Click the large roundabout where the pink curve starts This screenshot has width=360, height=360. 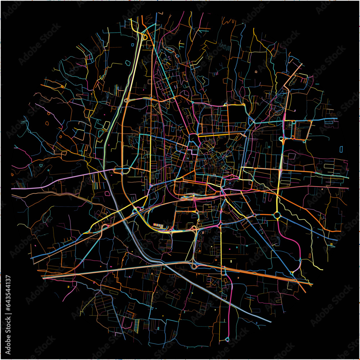point(277,215)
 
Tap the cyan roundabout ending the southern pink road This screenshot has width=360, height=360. point(228,339)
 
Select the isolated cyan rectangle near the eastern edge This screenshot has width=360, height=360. point(341,149)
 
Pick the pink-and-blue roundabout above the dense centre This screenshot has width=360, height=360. point(194,137)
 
